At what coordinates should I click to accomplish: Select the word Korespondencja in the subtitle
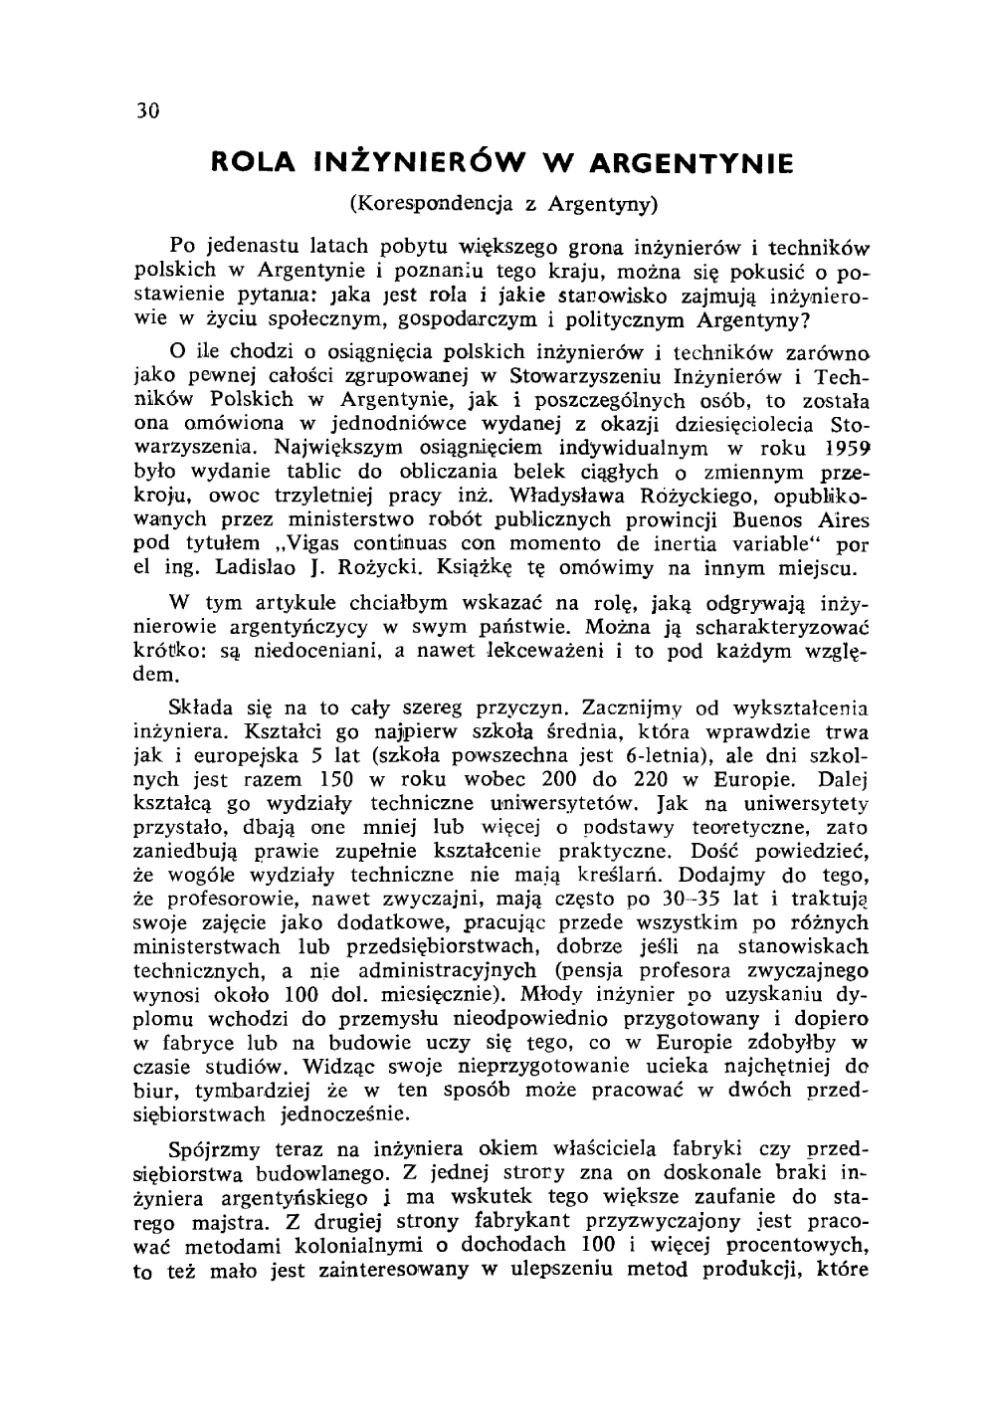[434, 204]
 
